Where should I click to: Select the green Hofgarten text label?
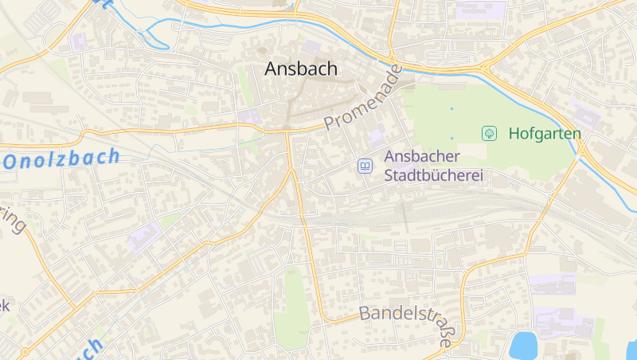[545, 133]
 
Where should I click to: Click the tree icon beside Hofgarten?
[490, 133]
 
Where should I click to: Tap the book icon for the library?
[365, 166]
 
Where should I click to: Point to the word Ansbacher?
[421, 157]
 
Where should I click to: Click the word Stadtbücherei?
[434, 175]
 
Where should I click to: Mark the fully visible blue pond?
[523, 346]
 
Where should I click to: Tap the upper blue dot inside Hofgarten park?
[451, 108]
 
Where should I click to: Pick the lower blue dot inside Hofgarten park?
[451, 138]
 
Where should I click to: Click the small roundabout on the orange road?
[25, 350]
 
